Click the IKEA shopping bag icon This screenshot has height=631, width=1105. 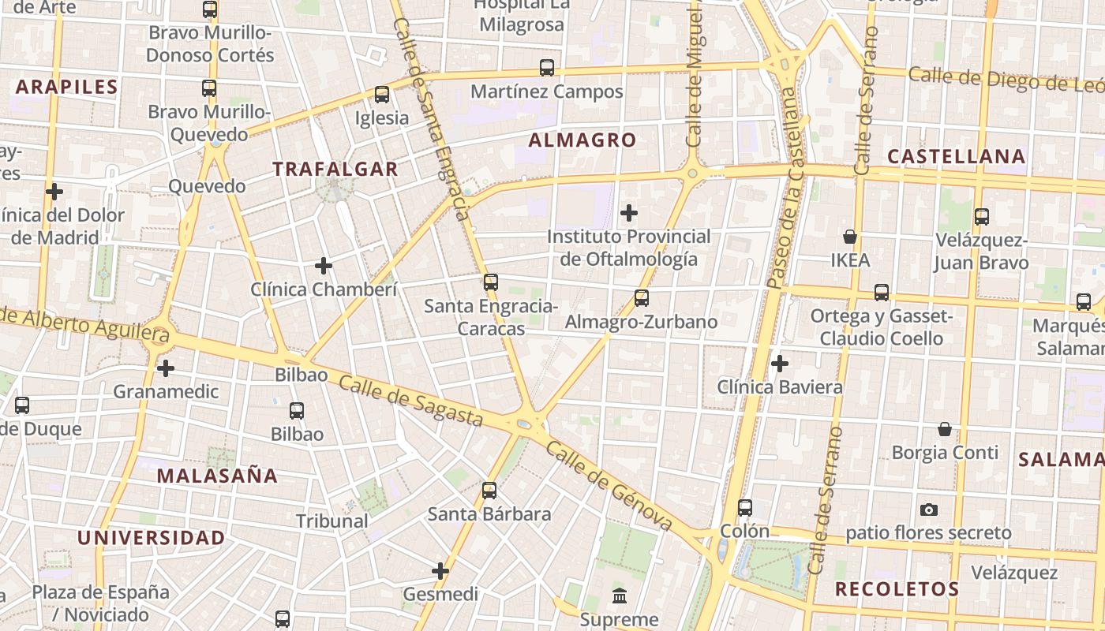(850, 237)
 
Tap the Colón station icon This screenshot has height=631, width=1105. (745, 508)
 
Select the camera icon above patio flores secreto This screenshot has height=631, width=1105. (929, 510)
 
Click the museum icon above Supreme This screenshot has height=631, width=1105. (620, 596)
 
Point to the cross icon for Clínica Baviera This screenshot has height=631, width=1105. (780, 364)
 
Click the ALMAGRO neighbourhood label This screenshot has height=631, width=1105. (582, 140)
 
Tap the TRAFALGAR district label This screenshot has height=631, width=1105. (335, 169)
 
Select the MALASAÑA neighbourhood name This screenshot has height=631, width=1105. (217, 476)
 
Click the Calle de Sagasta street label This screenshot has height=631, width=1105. (410, 401)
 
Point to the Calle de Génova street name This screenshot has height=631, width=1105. (609, 486)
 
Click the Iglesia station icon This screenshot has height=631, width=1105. (382, 95)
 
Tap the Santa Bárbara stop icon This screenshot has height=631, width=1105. (489, 491)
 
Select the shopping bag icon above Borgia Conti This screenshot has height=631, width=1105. (945, 429)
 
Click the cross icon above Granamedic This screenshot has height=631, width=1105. (166, 368)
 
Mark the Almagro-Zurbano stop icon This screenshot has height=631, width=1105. (642, 298)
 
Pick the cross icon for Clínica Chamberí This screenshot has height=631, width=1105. (324, 266)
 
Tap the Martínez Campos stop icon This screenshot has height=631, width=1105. (547, 68)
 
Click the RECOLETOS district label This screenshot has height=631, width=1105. (897, 589)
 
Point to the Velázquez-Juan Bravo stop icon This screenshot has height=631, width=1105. (982, 216)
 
